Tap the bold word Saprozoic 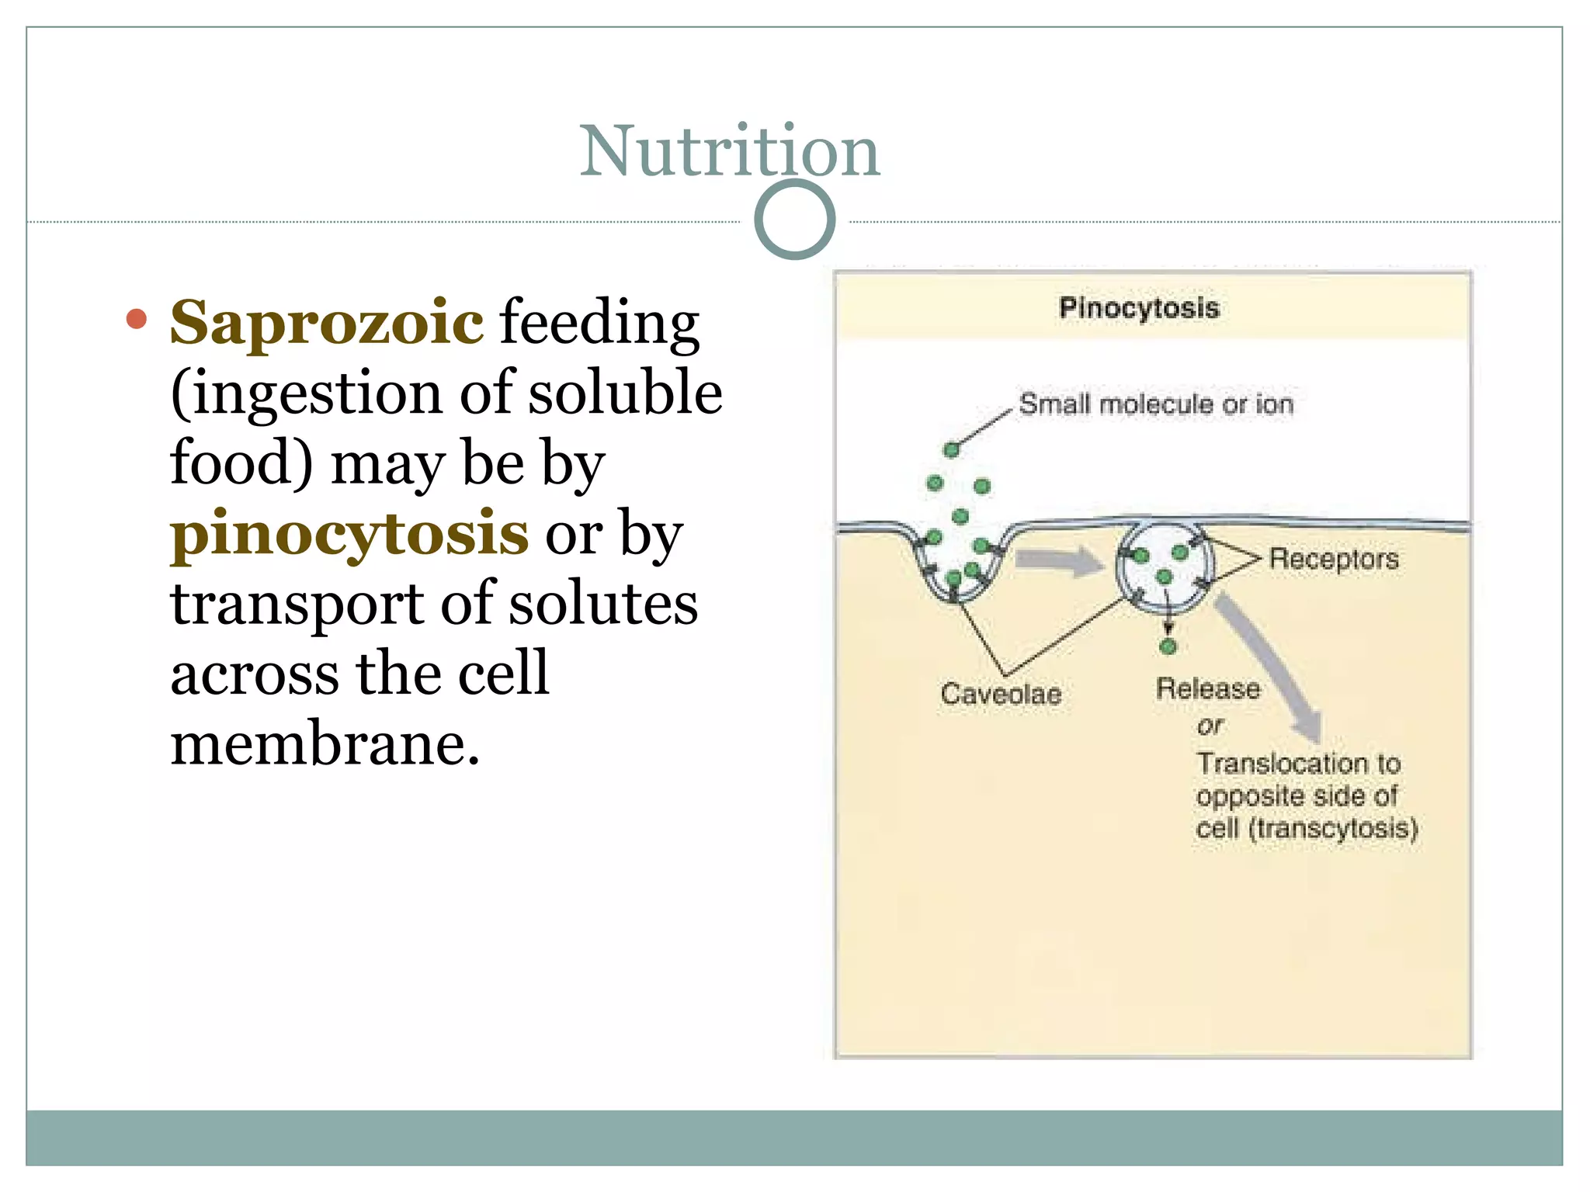pos(327,322)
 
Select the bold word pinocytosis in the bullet pos(349,534)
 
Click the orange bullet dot pos(137,319)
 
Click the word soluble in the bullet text pos(626,393)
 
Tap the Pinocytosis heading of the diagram pos(1139,308)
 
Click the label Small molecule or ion pos(1156,404)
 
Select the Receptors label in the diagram pos(1334,559)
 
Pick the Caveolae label pos(1001,694)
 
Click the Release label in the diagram pos(1207,688)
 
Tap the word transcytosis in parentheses pos(1333,829)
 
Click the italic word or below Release pos(1210,726)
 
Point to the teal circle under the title pos(794,220)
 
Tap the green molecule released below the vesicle pos(1168,646)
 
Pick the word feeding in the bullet pos(599,322)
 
